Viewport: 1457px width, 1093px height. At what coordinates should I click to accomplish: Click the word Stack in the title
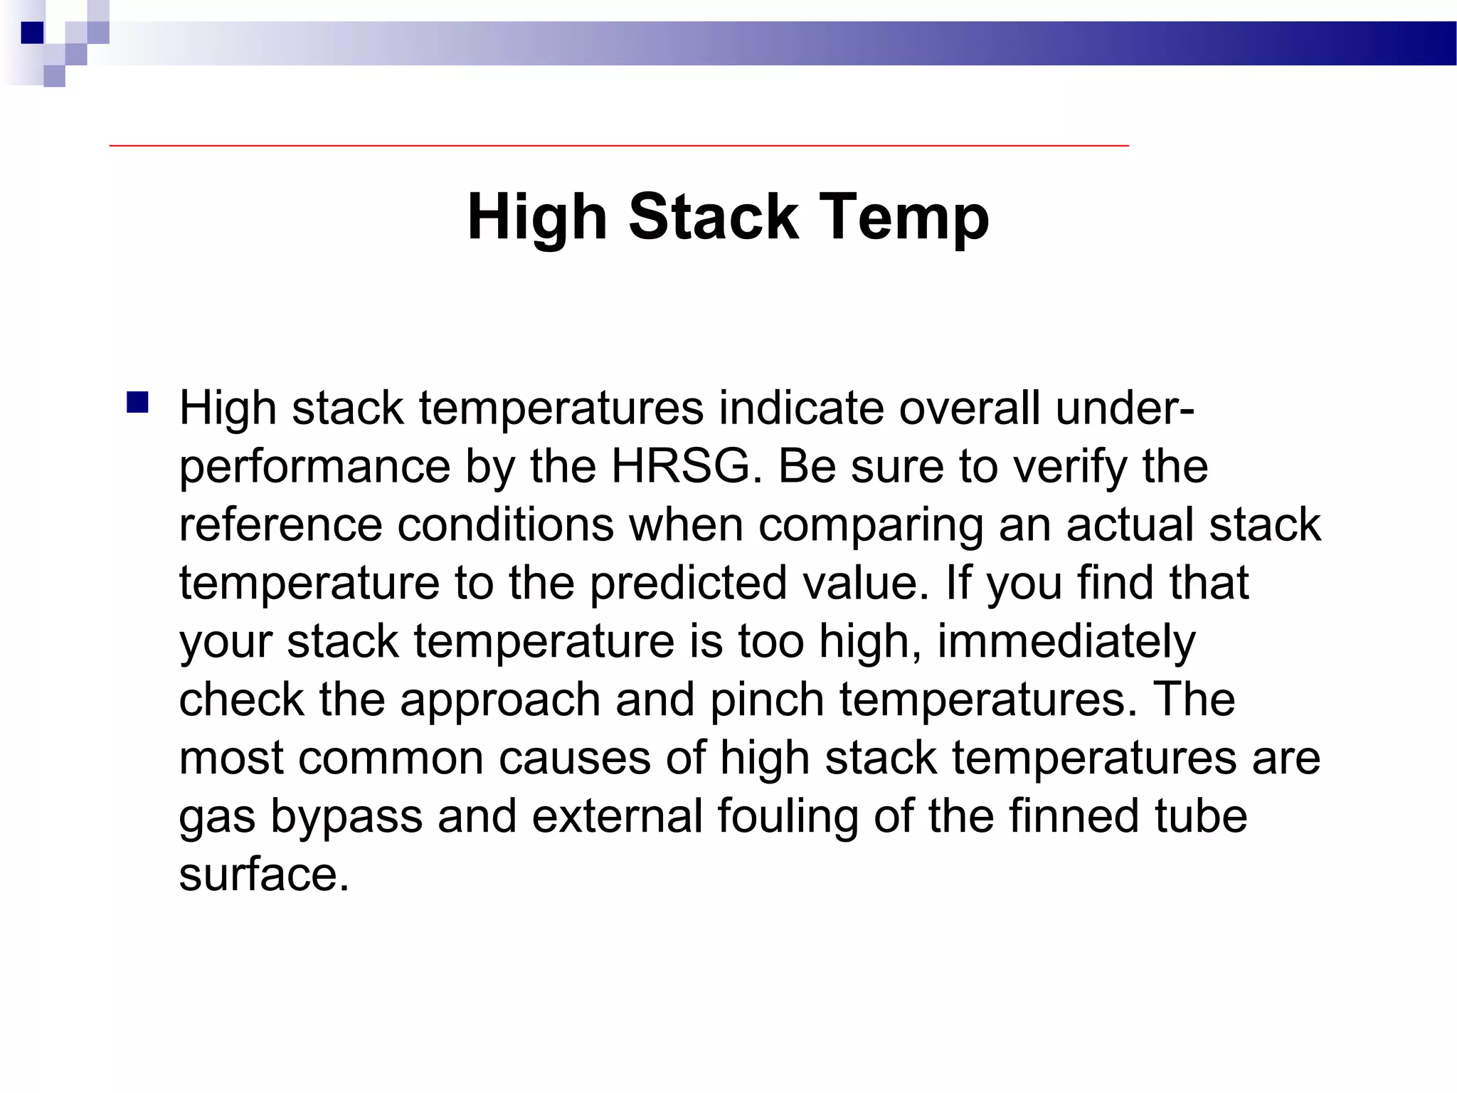point(713,216)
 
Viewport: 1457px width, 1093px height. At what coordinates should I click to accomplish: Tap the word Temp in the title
point(904,218)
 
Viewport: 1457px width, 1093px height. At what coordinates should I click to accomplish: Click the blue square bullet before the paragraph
point(137,403)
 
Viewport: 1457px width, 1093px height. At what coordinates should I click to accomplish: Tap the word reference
point(280,525)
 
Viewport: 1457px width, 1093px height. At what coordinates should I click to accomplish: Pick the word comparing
point(871,525)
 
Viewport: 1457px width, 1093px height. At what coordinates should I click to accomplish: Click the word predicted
point(689,584)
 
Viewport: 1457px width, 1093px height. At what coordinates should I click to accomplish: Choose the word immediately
point(1066,642)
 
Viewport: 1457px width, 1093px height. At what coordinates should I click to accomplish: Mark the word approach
point(500,700)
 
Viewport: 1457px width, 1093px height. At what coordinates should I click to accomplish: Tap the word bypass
point(346,817)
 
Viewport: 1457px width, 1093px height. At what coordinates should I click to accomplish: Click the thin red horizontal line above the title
point(619,146)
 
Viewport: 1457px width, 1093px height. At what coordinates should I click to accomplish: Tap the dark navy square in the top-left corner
point(32,33)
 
